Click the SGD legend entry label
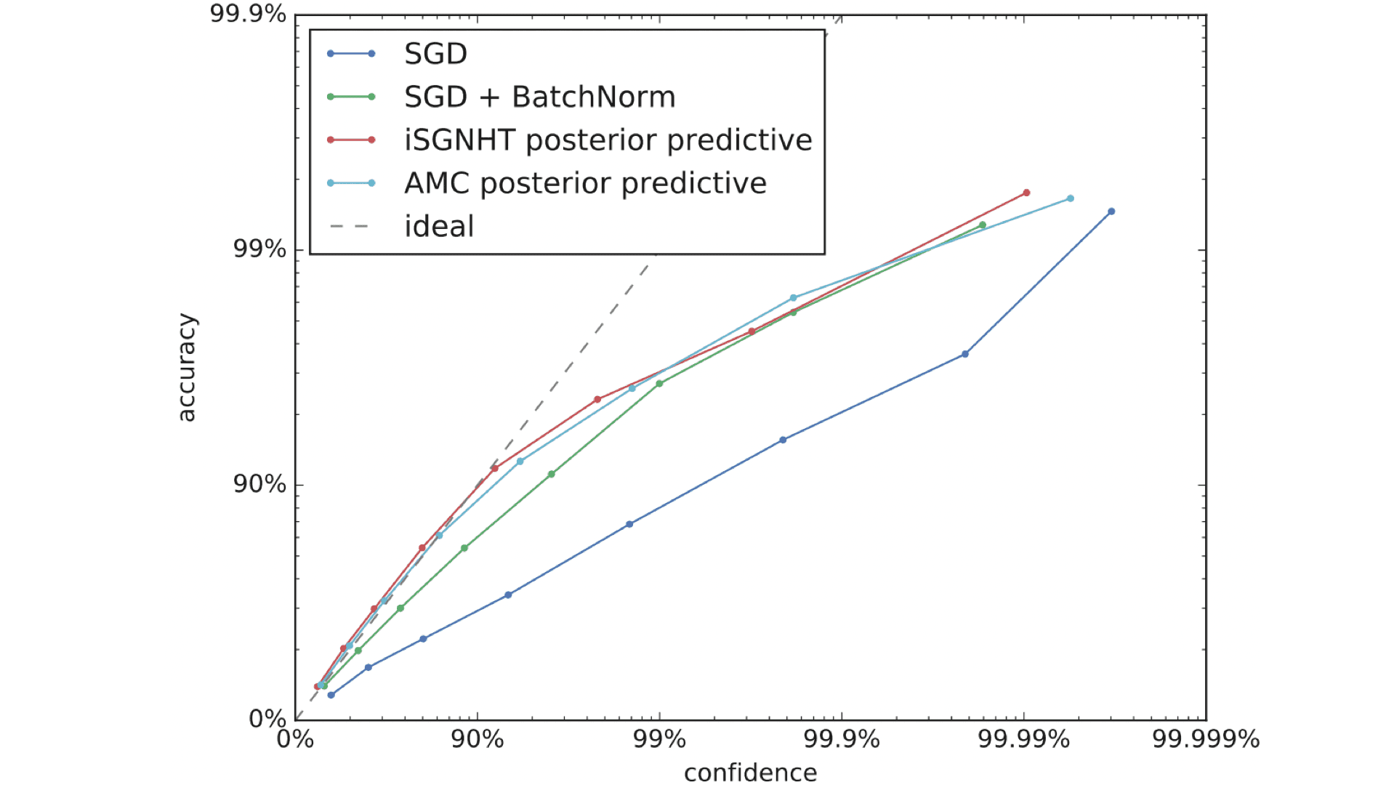point(435,54)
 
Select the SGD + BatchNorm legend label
point(539,97)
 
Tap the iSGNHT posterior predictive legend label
point(608,140)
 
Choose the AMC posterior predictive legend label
point(585,183)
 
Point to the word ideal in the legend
point(439,227)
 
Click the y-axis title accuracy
point(187,367)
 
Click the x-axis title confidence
point(750,772)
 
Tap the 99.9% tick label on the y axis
point(248,14)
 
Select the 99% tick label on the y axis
point(259,249)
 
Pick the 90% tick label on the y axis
point(259,484)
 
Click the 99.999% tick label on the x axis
point(1206,740)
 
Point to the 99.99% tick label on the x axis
point(1023,740)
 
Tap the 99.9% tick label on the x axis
point(842,740)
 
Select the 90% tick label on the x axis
point(478,740)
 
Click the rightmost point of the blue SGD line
point(1111,212)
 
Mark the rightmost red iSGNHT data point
point(1026,193)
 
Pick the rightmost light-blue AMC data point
point(1071,198)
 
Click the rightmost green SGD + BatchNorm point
point(983,225)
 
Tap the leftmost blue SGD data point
point(331,695)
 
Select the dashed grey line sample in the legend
point(350,227)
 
